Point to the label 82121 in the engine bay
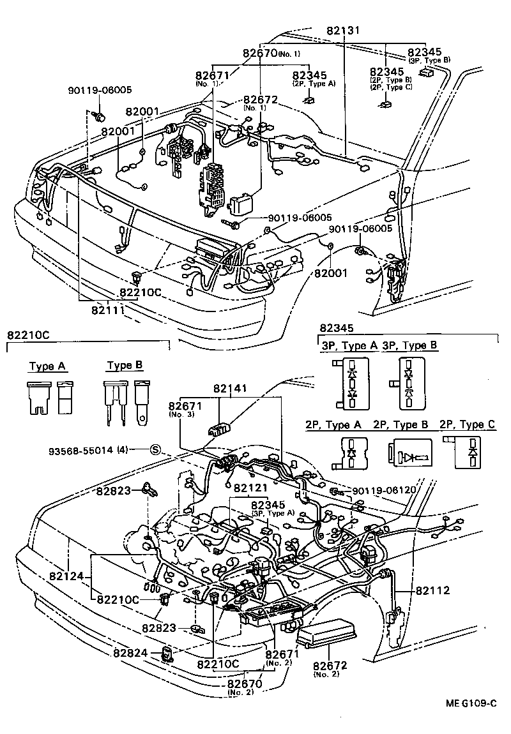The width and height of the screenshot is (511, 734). [251, 488]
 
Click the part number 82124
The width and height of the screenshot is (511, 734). [66, 576]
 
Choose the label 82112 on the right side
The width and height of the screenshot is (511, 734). [432, 590]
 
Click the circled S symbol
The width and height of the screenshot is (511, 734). [155, 449]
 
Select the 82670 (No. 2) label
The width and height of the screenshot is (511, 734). [243, 687]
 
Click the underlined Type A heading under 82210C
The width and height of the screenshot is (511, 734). [48, 366]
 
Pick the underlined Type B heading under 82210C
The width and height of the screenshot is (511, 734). [125, 366]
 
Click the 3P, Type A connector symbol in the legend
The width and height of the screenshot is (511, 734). [351, 382]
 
